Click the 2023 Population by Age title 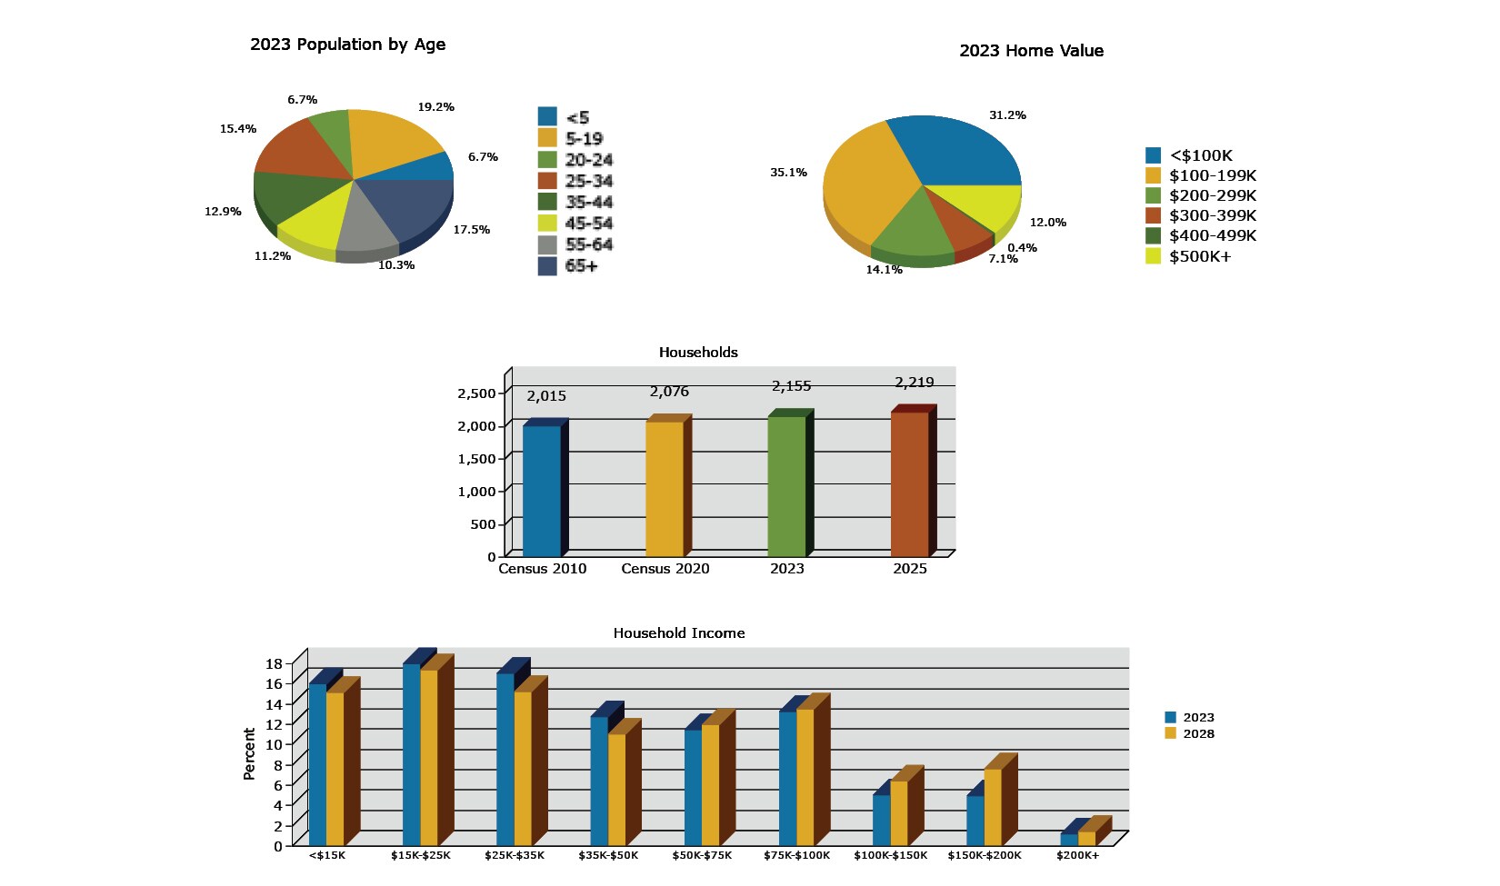(x=347, y=45)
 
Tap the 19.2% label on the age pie (x=435, y=107)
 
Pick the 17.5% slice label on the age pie (x=471, y=230)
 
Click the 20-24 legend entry (x=575, y=160)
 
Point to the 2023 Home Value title (x=1031, y=51)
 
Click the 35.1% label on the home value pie (x=788, y=173)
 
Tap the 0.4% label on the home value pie (x=1022, y=248)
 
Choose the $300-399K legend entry (x=1200, y=215)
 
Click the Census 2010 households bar (x=542, y=491)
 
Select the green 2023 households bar (x=786, y=486)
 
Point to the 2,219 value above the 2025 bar (x=914, y=383)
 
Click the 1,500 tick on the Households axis (x=476, y=459)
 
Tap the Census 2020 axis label (x=665, y=569)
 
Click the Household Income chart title (x=678, y=633)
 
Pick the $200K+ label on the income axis (x=1077, y=856)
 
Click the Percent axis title (x=249, y=753)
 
